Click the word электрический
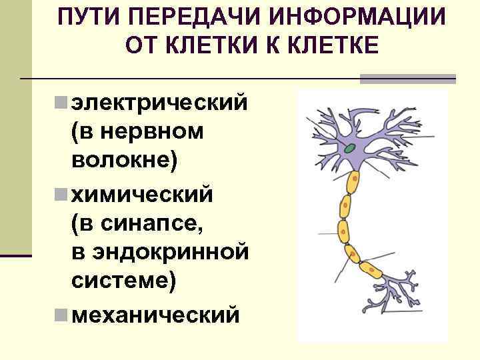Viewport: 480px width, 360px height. coord(159,104)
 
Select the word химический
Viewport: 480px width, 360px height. coord(142,195)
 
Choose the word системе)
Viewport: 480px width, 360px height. coord(124,281)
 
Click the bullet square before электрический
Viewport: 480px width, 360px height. coord(60,103)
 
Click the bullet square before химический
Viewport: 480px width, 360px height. coord(60,194)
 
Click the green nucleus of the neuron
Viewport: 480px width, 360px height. coord(349,148)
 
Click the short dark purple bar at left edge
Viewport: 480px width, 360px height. coord(16,255)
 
